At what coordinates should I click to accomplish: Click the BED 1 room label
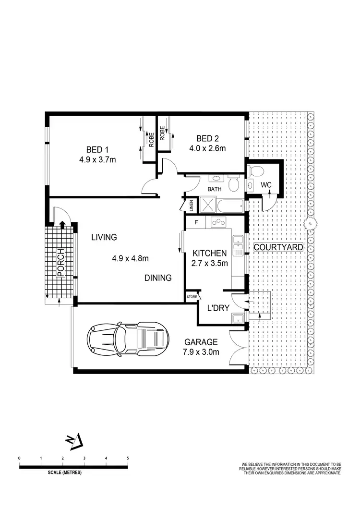tap(97, 148)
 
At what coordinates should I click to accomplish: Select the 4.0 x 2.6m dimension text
tap(207, 148)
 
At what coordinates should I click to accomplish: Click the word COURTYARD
tap(278, 247)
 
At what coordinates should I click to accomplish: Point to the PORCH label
tap(60, 263)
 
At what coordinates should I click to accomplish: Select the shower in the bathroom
tap(207, 206)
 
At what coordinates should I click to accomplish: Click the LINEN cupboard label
tap(191, 206)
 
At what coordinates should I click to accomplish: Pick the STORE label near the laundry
tap(192, 297)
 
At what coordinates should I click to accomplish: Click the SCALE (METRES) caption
tap(65, 473)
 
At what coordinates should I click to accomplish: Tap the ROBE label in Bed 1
tap(151, 140)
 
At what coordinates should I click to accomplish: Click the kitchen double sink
tap(238, 247)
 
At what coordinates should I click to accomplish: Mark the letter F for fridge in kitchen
tap(196, 222)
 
